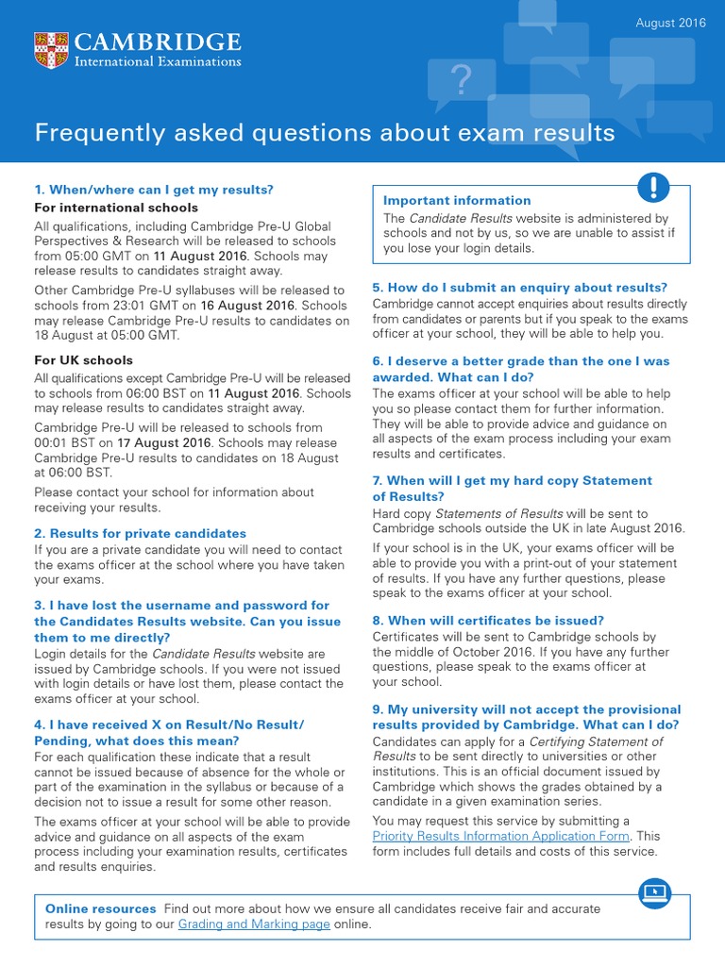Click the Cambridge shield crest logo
51,50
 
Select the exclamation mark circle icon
653,188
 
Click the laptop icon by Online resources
653,891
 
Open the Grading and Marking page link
254,924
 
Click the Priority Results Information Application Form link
501,836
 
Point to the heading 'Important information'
457,200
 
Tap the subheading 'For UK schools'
83,360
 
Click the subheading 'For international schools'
116,208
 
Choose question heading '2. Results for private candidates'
140,533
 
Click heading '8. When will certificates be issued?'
488,621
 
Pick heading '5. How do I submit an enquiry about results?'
520,288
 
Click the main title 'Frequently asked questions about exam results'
325,133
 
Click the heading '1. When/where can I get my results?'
153,190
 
